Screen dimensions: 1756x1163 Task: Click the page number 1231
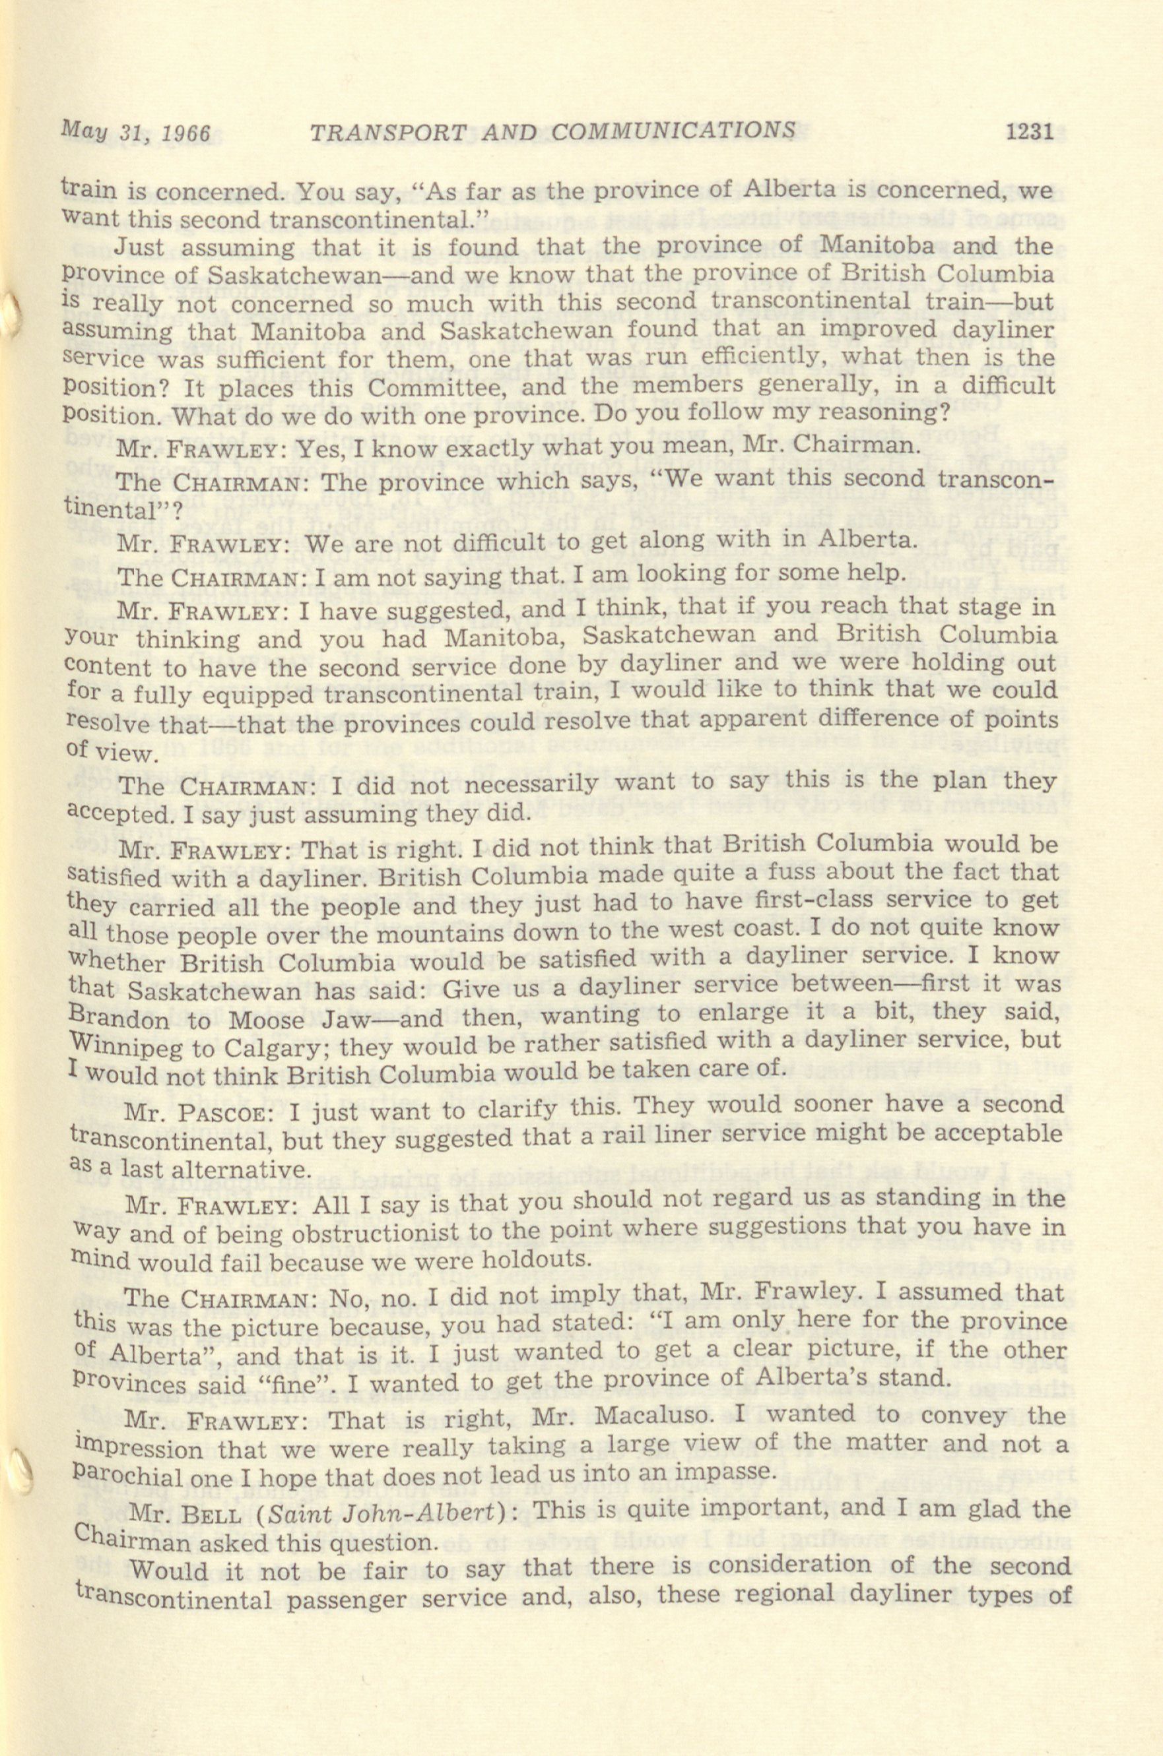click(x=1029, y=133)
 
